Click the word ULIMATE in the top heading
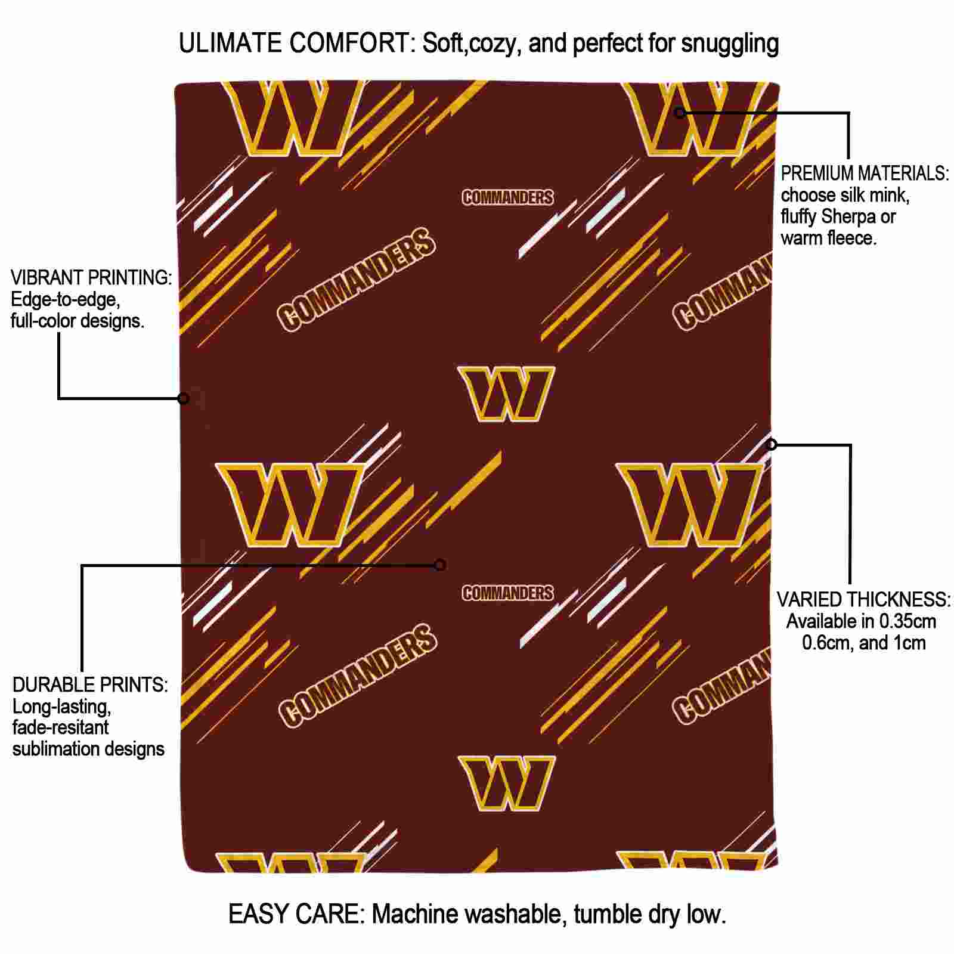click(230, 44)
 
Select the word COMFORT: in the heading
click(353, 44)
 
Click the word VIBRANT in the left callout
click(47, 278)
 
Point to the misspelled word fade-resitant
click(60, 727)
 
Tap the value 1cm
click(909, 643)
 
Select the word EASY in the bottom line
click(254, 914)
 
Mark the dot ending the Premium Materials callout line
click(680, 112)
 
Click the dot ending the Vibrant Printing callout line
click(184, 398)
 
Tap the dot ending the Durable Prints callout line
click(440, 565)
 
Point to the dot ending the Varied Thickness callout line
click(772, 444)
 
